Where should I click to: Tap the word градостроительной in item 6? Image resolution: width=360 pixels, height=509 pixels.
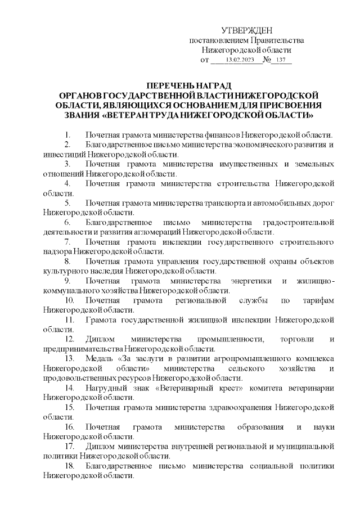point(298,222)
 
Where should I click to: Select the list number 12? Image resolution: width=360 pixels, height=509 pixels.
point(69,339)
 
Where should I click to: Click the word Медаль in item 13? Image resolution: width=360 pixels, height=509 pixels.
point(99,358)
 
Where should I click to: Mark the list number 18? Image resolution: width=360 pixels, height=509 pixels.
point(69,466)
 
